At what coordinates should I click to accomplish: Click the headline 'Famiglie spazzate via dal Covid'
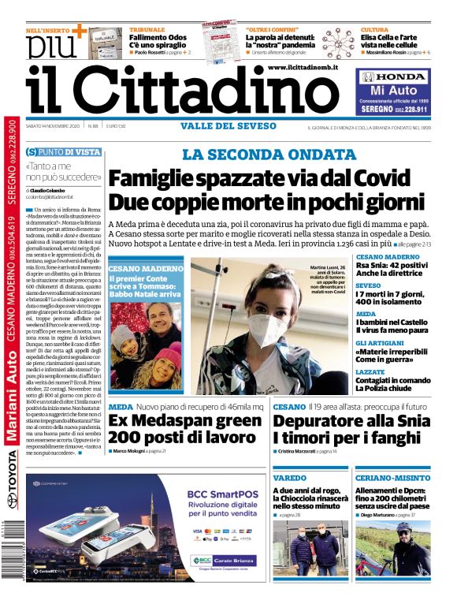(268, 178)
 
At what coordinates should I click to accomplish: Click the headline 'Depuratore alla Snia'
(347, 421)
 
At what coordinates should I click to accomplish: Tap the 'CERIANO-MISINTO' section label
(389, 479)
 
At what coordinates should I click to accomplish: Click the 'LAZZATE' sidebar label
(370, 371)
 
